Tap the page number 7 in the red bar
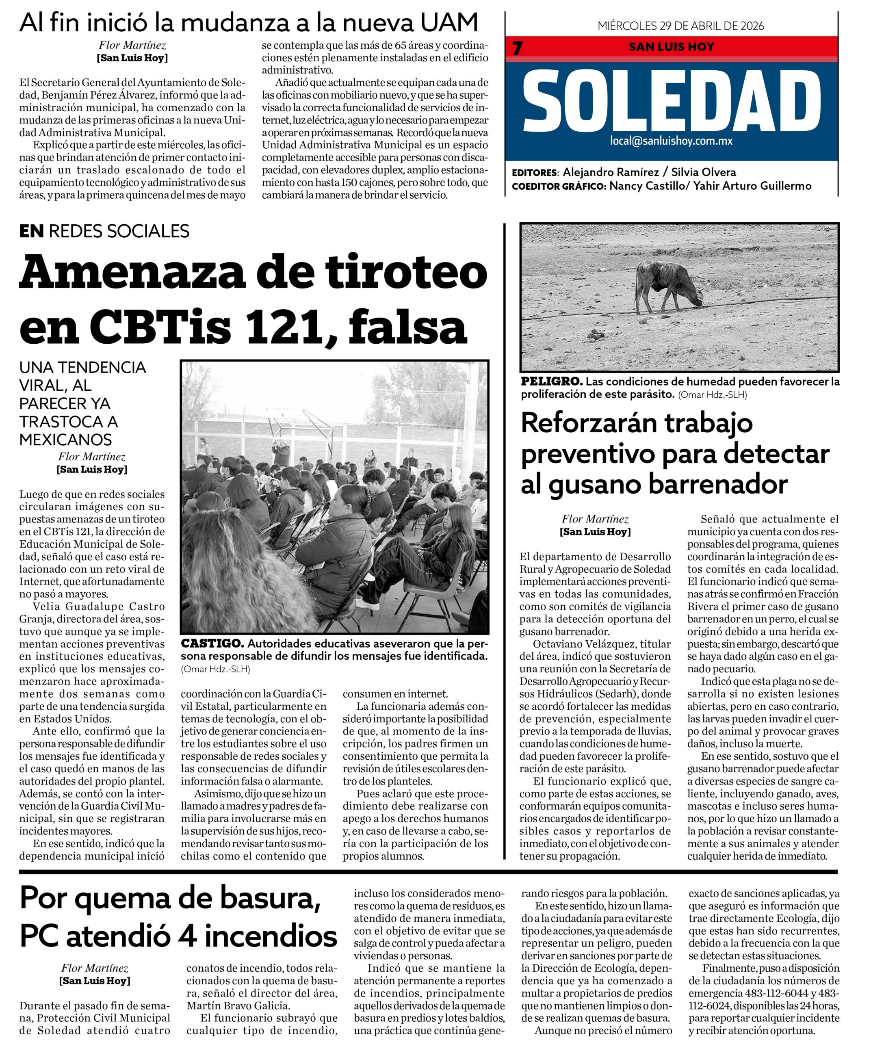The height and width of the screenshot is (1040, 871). click(518, 48)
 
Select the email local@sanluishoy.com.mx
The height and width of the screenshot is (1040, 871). click(671, 141)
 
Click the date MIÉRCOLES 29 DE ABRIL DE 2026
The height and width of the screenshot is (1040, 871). click(680, 26)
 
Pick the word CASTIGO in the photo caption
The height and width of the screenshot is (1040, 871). click(212, 644)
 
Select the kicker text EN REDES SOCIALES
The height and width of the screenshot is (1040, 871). click(104, 231)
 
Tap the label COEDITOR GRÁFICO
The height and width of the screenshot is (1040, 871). click(558, 187)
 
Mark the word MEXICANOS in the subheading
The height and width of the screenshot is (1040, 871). click(65, 440)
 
